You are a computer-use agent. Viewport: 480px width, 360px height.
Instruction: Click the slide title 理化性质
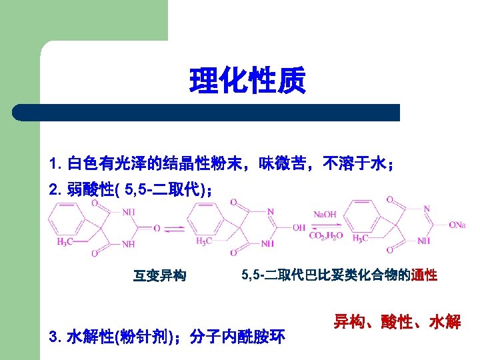coord(247,80)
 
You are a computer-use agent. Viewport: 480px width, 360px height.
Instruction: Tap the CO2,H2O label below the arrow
coord(325,235)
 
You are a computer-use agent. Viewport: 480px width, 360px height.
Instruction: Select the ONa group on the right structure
coord(457,225)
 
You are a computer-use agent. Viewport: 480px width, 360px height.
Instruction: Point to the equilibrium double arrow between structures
coord(174,229)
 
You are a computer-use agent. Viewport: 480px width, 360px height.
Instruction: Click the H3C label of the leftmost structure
coord(66,241)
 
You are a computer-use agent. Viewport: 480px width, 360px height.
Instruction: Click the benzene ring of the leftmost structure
coord(66,215)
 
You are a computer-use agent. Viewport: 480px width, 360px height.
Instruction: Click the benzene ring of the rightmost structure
coord(360,212)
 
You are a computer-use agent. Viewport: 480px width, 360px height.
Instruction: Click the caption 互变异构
coord(160,275)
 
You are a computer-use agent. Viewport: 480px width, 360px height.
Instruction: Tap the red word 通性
coord(424,275)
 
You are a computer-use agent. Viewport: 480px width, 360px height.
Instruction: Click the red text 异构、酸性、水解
coord(397,323)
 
